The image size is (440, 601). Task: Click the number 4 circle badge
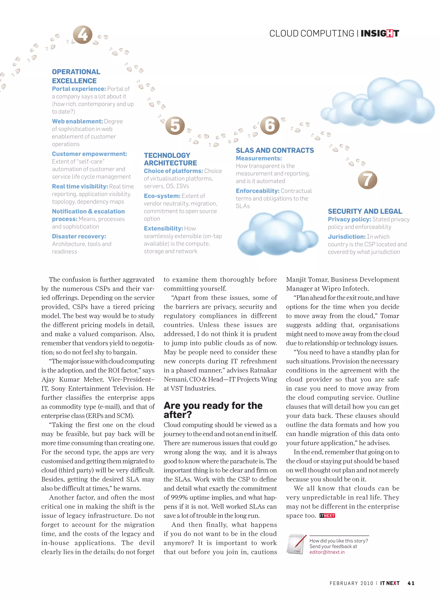click(x=82, y=35)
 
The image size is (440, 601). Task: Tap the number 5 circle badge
click(x=175, y=126)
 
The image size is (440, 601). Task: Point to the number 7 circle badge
click(x=367, y=180)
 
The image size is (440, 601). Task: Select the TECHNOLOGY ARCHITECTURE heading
click(x=170, y=159)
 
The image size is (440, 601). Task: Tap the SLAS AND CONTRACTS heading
click(x=275, y=150)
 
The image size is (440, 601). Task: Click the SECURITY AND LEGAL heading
click(x=365, y=211)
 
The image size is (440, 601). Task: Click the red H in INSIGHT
click(x=390, y=33)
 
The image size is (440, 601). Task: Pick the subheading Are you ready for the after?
click(x=213, y=410)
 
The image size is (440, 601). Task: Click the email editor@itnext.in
click(x=327, y=552)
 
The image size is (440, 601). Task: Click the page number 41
click(x=411, y=583)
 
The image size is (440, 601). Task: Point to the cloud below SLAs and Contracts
click(x=277, y=233)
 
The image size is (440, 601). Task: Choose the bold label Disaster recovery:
click(x=79, y=236)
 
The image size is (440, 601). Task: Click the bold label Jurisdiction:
click(x=346, y=237)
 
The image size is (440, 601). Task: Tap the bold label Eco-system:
click(x=162, y=196)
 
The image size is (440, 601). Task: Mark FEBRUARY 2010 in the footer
click(x=351, y=583)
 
